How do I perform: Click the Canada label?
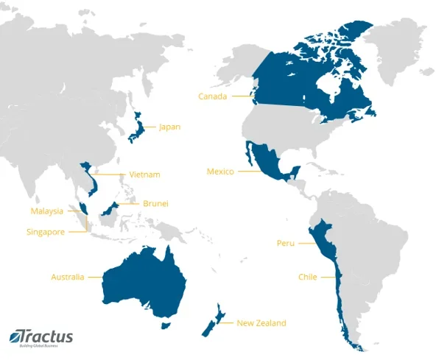point(213,96)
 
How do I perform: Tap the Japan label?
point(169,127)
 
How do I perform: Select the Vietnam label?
point(144,174)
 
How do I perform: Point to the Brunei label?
point(155,203)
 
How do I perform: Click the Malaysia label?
point(47,211)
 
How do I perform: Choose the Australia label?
point(67,278)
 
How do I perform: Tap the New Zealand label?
point(261,322)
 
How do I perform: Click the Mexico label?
point(220,172)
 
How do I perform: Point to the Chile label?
point(307,277)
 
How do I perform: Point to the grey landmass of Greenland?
point(401,44)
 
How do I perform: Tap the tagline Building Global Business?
point(41,345)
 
